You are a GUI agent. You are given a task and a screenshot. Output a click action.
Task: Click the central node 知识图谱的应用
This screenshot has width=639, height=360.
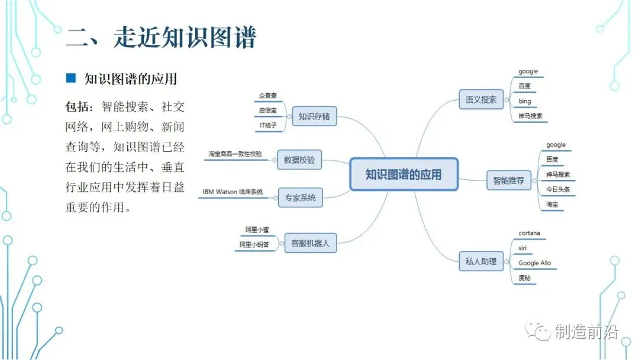click(404, 174)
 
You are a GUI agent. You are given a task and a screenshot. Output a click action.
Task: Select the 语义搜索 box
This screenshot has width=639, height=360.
click(480, 99)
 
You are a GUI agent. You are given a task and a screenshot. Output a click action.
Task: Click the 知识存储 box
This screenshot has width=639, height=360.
click(314, 117)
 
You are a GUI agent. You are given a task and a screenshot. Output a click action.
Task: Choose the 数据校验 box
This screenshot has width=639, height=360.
click(299, 160)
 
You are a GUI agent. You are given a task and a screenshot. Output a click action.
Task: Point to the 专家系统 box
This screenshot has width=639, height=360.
click(301, 198)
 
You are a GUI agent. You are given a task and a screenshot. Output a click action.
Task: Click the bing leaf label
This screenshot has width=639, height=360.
click(525, 101)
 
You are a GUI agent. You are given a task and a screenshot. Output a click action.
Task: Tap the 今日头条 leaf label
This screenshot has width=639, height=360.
click(557, 189)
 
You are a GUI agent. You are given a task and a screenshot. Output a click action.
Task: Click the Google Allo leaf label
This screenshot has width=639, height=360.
click(534, 263)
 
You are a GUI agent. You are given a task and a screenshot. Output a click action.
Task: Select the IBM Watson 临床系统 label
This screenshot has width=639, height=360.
click(232, 192)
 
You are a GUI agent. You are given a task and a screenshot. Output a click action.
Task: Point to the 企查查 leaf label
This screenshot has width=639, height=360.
click(268, 95)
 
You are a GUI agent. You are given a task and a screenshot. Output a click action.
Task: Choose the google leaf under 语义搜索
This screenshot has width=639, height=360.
click(528, 72)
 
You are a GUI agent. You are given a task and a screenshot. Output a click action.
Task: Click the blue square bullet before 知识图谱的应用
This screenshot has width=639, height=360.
click(71, 78)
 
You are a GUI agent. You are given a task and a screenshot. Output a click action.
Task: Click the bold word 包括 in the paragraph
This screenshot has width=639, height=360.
click(79, 107)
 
